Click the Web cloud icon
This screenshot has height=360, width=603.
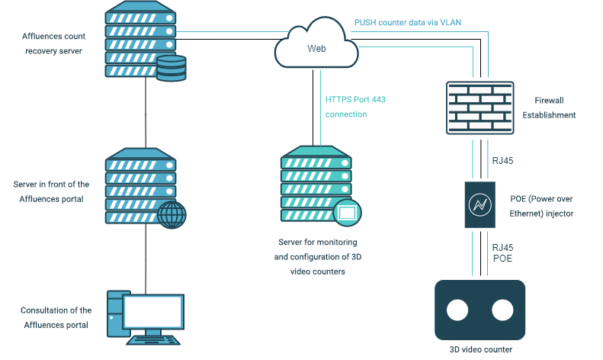tap(316, 43)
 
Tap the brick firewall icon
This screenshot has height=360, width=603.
tap(480, 108)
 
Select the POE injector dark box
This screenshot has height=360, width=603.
tap(480, 204)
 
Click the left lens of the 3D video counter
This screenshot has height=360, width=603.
tap(457, 310)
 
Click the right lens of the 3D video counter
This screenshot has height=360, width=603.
tap(502, 310)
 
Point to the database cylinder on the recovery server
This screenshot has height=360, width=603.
tap(172, 68)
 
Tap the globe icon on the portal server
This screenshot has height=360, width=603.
tap(172, 214)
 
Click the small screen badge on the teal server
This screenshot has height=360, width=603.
tap(348, 212)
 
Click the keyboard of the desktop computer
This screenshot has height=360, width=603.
tap(153, 340)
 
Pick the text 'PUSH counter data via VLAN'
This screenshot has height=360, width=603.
tap(408, 23)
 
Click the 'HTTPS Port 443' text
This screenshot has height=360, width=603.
tap(355, 100)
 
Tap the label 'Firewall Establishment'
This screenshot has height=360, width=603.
tap(549, 108)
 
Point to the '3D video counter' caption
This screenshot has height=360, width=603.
tap(481, 349)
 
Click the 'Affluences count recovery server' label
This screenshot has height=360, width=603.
tap(54, 43)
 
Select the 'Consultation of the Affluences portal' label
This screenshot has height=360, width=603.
tap(56, 318)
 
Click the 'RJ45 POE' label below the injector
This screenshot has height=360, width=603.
tap(502, 252)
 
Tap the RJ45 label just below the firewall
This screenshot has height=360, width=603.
tap(502, 161)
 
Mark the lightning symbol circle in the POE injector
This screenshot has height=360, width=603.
tap(480, 204)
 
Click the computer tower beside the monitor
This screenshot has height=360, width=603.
tap(114, 313)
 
